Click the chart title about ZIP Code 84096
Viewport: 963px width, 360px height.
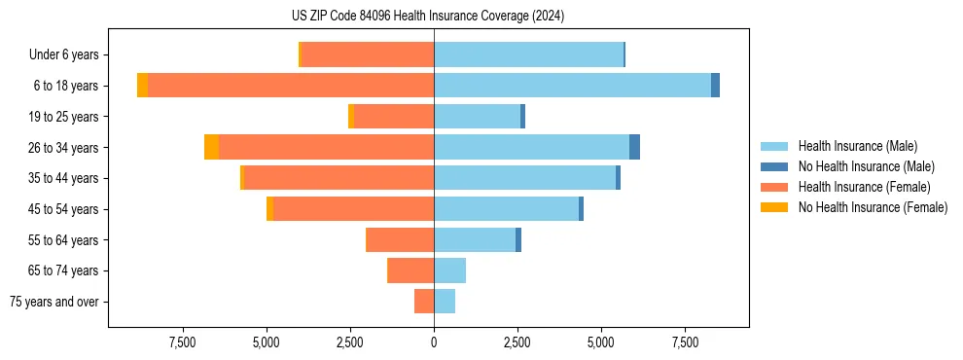428,17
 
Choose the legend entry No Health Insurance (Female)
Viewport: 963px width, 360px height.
873,207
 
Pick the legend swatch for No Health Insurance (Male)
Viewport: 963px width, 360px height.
775,166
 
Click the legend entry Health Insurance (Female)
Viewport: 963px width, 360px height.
864,187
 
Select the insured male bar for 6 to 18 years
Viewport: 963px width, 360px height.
572,86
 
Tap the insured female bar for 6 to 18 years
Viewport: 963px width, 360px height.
291,86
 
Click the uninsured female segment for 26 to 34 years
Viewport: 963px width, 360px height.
211,147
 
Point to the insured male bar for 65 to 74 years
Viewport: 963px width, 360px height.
449,270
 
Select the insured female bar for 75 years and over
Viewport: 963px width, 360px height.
424,302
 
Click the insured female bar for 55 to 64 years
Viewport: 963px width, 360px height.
400,239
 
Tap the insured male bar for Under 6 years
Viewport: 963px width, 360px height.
528,54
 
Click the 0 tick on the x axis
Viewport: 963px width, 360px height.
434,342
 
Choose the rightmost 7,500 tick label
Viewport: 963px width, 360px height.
685,342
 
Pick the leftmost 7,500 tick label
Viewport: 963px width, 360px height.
183,342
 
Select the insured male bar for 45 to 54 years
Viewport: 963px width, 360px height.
506,209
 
